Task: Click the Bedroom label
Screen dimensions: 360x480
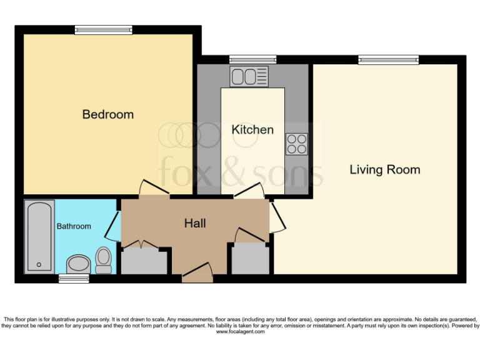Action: click(x=108, y=114)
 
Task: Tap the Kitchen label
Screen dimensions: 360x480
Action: click(x=252, y=129)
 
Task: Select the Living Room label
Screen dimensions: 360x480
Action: click(x=384, y=169)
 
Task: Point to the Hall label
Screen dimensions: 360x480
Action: click(x=195, y=223)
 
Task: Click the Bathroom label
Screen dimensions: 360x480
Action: click(x=74, y=226)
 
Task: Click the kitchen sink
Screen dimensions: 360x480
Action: click(x=249, y=77)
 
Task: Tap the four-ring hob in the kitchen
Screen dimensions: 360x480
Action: click(x=297, y=144)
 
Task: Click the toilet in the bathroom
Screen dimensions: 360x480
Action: click(x=104, y=259)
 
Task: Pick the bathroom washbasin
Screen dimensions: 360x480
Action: click(x=77, y=264)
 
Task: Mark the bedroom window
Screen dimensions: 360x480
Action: click(x=103, y=29)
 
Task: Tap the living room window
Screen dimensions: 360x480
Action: click(x=388, y=59)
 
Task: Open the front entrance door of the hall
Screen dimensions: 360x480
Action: click(x=197, y=272)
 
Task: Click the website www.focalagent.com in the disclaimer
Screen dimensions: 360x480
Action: click(x=240, y=332)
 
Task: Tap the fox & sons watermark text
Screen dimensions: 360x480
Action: click(x=241, y=171)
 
